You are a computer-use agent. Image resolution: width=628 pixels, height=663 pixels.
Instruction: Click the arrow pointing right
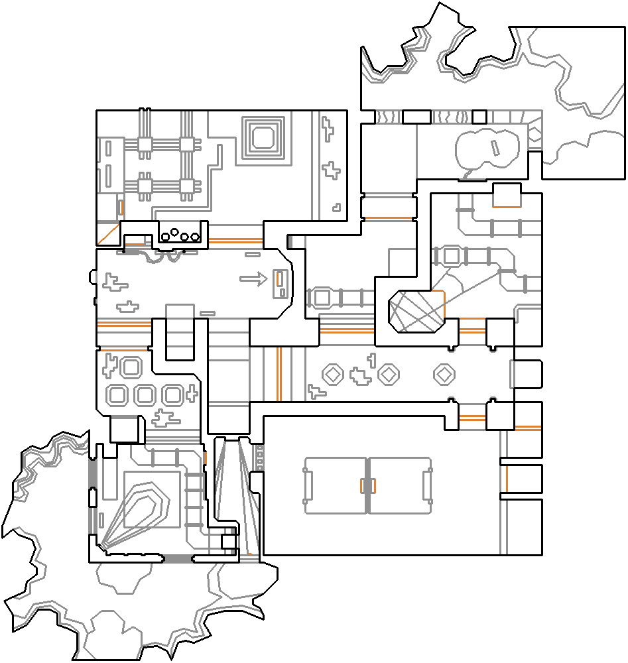coord(251,280)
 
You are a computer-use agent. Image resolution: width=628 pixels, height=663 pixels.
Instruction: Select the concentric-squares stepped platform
coord(264,138)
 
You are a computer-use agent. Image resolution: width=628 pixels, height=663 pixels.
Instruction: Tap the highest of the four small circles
coord(174,232)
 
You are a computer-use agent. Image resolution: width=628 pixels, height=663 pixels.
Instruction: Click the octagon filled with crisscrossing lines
coord(416,310)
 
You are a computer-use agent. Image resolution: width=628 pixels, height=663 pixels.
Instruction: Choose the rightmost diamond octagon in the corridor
coord(444,375)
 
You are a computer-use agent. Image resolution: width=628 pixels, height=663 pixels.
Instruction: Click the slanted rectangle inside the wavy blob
coord(494,147)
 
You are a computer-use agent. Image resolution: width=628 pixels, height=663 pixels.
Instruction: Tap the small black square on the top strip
coord(479,117)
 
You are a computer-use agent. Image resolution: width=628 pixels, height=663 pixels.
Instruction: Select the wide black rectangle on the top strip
coord(416,117)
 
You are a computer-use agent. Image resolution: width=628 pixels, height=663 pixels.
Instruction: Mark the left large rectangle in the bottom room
coord(336,485)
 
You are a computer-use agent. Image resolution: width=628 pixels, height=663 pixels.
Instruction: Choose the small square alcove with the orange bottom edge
coord(507,196)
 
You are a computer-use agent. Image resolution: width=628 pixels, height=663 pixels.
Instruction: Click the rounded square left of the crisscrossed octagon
coord(322,297)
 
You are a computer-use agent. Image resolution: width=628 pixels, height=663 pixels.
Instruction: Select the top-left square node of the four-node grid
coord(144,143)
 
